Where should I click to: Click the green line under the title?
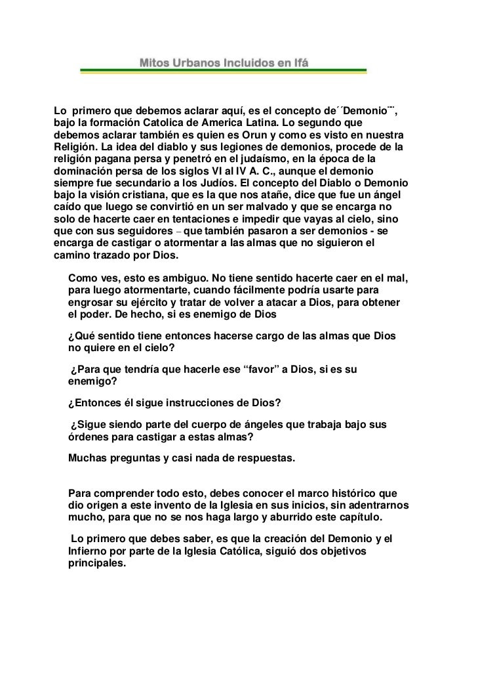point(223,72)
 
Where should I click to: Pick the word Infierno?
point(91,551)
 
